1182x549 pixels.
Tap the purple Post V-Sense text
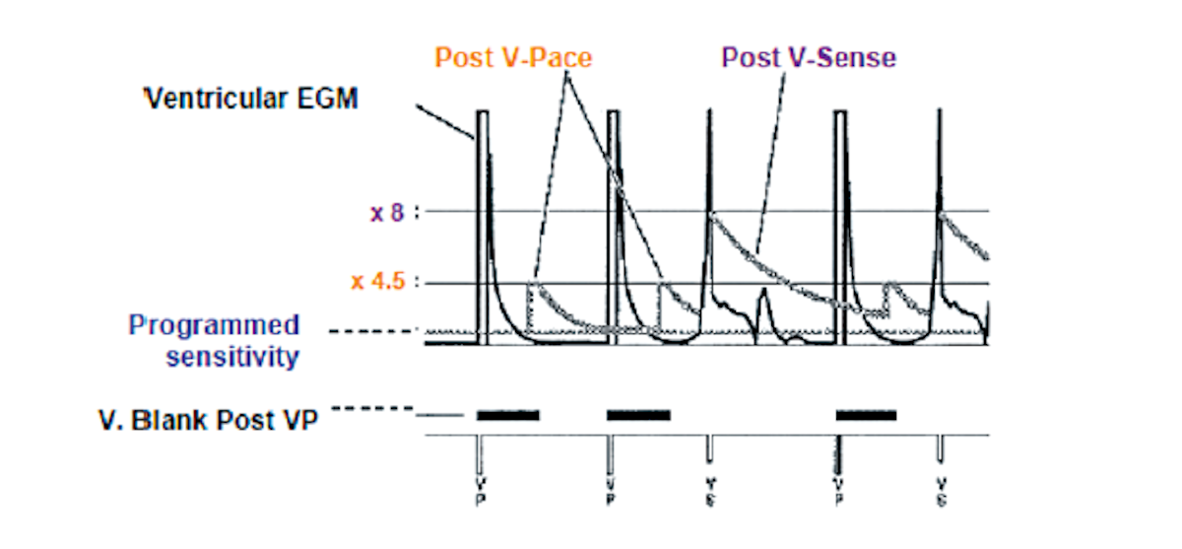coord(809,57)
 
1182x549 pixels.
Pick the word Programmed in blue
coord(215,325)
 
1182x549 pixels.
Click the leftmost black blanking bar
coord(508,415)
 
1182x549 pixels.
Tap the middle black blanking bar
coord(638,415)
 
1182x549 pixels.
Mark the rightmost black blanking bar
coord(866,415)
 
